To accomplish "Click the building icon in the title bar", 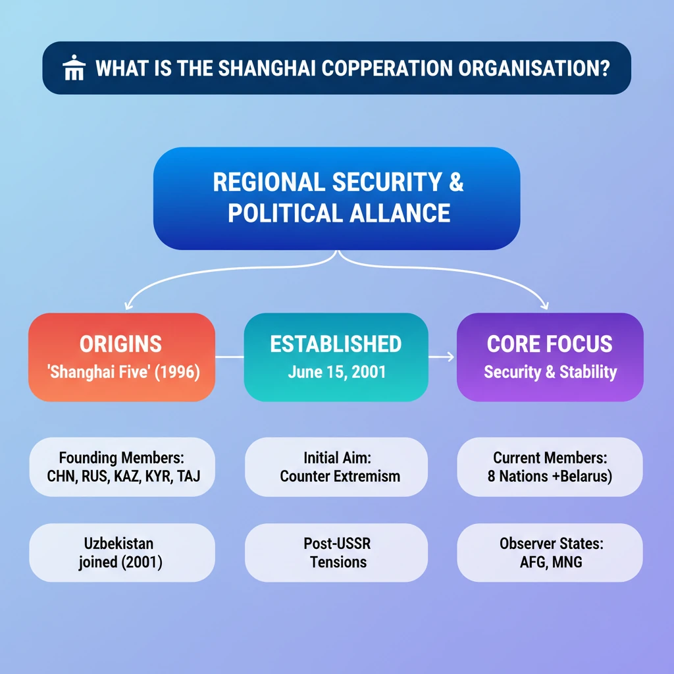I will pyautogui.click(x=73, y=68).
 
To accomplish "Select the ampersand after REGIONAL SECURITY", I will pyautogui.click(x=456, y=182).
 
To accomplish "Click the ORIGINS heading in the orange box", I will pyautogui.click(x=120, y=344).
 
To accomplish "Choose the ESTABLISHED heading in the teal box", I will pyautogui.click(x=336, y=344).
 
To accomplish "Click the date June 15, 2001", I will pyautogui.click(x=336, y=372).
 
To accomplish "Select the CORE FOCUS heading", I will pyautogui.click(x=550, y=344).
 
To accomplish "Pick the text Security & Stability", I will pyautogui.click(x=550, y=372).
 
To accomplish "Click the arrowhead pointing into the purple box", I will pyautogui.click(x=450, y=357).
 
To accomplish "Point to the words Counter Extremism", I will pyautogui.click(x=340, y=475).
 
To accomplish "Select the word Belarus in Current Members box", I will pyautogui.click(x=582, y=475).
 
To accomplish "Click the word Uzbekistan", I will pyautogui.click(x=119, y=544).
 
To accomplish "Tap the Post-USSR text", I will pyautogui.click(x=337, y=544).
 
